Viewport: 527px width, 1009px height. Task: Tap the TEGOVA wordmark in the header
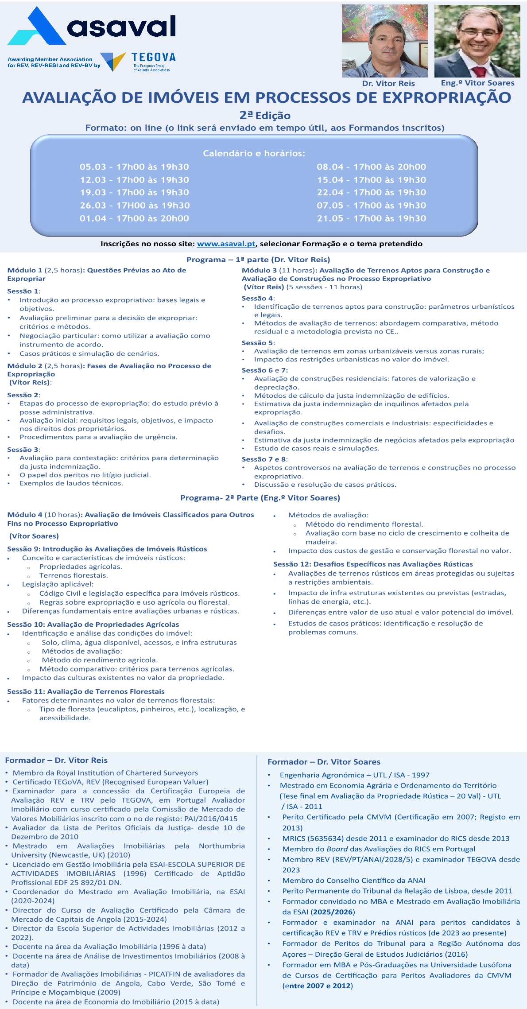(154, 57)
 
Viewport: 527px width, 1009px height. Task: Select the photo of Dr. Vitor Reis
(384, 41)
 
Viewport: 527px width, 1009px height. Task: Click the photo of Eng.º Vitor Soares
(477, 41)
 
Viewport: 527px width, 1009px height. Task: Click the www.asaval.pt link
(226, 244)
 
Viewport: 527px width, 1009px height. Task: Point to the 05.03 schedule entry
(134, 167)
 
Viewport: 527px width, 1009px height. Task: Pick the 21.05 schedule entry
(371, 218)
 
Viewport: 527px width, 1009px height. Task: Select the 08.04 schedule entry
(371, 167)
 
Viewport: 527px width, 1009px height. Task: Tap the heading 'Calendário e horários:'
(254, 154)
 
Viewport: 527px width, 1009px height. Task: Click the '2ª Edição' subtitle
(265, 116)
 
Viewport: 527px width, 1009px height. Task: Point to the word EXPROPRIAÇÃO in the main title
(446, 97)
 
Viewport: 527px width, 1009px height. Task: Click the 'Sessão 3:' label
(23, 450)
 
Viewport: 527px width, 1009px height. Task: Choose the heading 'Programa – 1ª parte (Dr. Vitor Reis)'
(258, 260)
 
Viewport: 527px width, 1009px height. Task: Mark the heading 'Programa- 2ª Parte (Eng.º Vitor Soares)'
(260, 498)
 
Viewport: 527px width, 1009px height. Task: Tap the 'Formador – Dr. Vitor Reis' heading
(56, 760)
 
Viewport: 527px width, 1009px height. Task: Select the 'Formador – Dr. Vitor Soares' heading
(324, 762)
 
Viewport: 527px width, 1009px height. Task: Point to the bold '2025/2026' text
(333, 912)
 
